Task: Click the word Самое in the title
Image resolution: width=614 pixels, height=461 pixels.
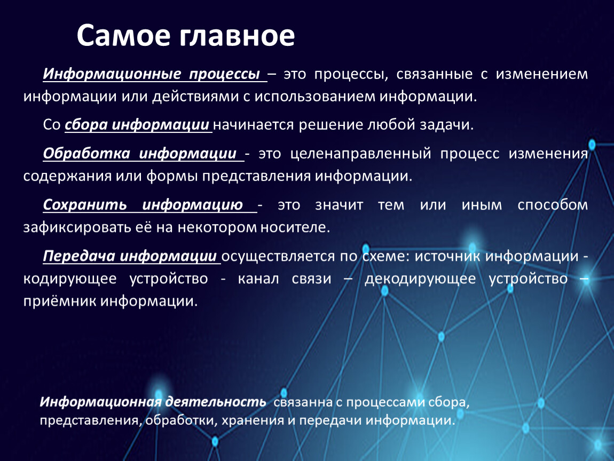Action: coord(123,36)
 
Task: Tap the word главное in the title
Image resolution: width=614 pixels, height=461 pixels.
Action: coord(237,36)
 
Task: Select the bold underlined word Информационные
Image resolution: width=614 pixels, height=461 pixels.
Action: coord(112,74)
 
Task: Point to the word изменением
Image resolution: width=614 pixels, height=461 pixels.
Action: coord(541,74)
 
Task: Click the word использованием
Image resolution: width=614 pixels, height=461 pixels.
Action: coord(315,97)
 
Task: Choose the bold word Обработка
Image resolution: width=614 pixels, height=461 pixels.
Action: coord(86,154)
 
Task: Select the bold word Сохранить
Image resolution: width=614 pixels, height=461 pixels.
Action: coord(85,205)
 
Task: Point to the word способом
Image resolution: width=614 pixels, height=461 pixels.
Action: coord(553,205)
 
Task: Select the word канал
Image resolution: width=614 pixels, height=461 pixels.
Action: coord(258,279)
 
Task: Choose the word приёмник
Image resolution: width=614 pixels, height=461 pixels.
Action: coord(59,301)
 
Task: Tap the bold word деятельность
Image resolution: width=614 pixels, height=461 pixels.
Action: coord(215,402)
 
